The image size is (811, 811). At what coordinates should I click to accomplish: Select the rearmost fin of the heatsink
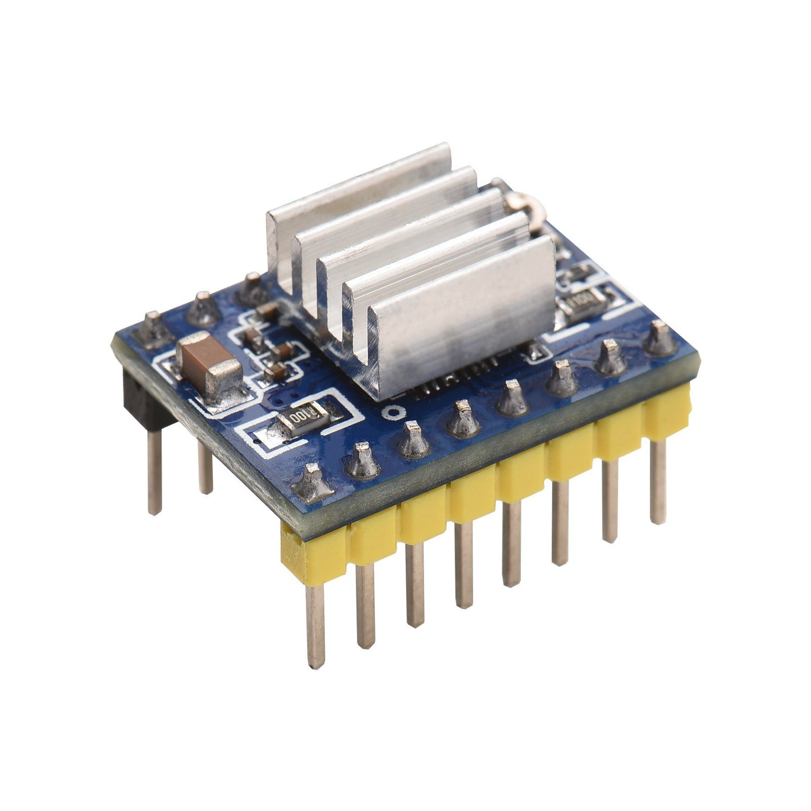359,185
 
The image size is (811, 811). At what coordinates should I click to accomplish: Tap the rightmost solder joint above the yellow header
661,339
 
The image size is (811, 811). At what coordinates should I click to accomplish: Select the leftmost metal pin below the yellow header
316,623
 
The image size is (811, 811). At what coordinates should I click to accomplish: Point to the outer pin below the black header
154,471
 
